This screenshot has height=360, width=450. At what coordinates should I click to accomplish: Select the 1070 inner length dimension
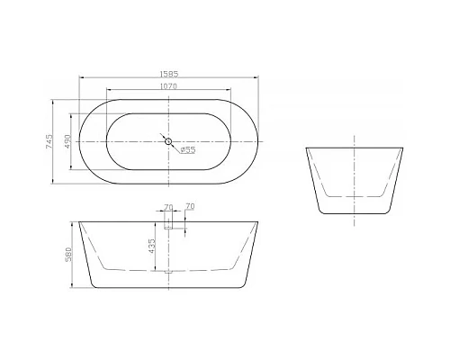click(168, 86)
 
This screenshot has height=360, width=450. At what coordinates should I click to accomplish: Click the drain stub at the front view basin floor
click(168, 269)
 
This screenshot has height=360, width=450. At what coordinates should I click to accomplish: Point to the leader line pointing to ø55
click(176, 146)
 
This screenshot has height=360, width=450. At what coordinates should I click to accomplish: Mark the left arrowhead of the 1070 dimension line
click(110, 91)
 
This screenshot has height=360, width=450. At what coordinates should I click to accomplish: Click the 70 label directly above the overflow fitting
click(168, 208)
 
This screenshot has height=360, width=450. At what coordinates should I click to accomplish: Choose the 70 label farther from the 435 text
click(190, 208)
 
